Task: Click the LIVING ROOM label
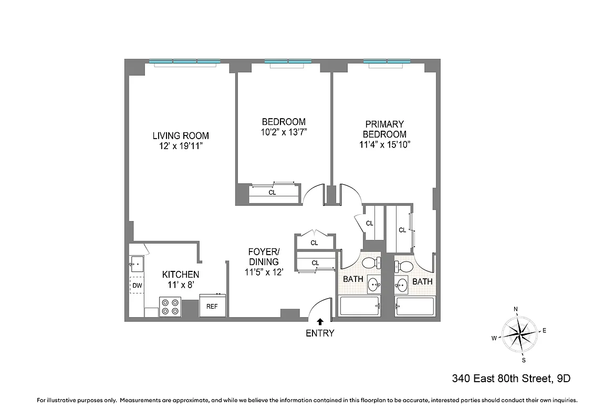coord(181,135)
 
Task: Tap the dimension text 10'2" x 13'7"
coord(284,132)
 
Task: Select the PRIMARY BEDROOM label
coord(384,129)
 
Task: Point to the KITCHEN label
coord(180,274)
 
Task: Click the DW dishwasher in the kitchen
coord(137,286)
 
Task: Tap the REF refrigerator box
coord(212,306)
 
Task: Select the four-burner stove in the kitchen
coord(170,307)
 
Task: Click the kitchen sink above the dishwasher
coord(137,264)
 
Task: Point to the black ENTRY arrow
coord(320,322)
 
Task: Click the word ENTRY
coord(320,333)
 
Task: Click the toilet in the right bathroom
coord(404,265)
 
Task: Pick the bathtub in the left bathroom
coord(360,307)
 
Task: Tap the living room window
coord(184,62)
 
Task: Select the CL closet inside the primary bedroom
coord(402,229)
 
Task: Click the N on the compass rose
coord(516,309)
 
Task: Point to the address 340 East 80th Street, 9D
coord(511,378)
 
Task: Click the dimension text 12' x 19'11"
coord(181,145)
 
